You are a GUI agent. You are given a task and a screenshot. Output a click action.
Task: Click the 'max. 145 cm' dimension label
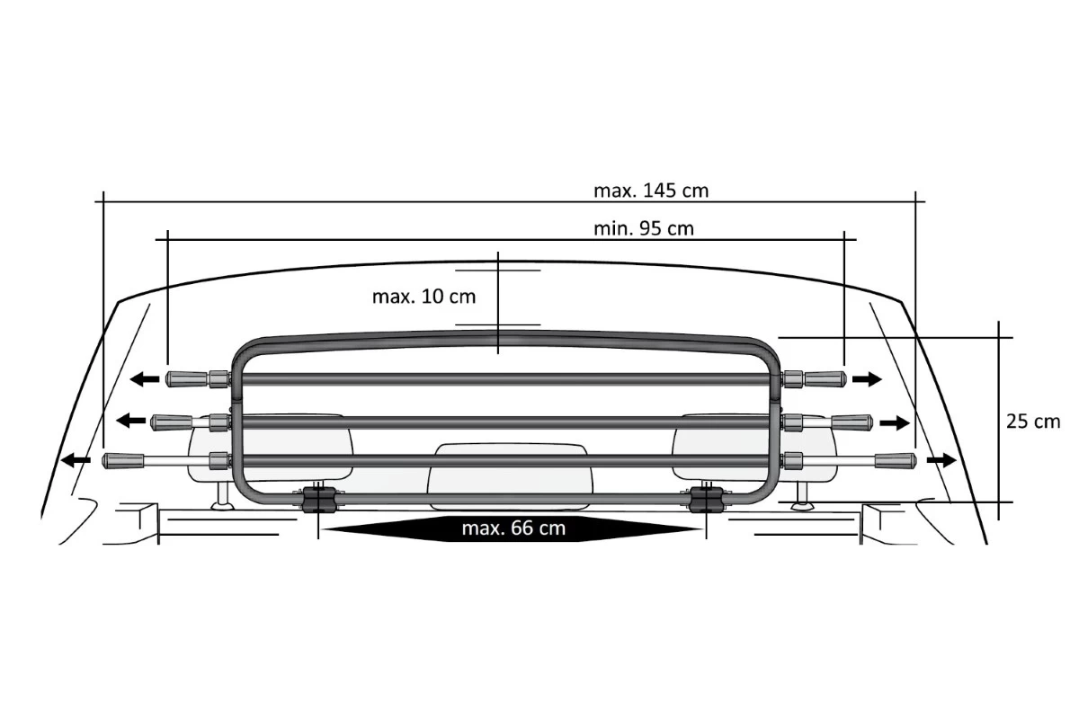click(x=651, y=191)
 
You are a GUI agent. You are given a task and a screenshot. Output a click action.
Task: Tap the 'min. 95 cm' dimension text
click(x=644, y=229)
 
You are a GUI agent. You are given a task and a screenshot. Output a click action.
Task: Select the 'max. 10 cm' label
click(x=424, y=297)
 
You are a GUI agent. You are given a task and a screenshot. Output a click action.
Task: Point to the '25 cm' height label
click(x=1033, y=422)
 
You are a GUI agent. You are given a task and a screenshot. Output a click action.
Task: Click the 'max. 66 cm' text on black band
click(x=513, y=528)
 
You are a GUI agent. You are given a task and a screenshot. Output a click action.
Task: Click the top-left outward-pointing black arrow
click(x=145, y=379)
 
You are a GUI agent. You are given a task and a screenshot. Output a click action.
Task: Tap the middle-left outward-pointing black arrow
click(x=131, y=421)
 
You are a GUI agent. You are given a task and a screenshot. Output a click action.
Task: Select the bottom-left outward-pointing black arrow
click(x=76, y=460)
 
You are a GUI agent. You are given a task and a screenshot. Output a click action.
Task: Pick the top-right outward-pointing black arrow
click(x=867, y=379)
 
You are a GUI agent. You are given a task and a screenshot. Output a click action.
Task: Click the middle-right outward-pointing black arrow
click(x=895, y=423)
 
